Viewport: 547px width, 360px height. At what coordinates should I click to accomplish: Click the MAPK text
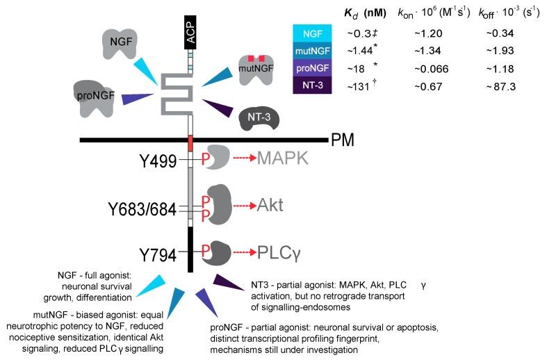(x=286, y=159)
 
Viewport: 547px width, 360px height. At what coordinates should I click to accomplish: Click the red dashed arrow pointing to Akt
(x=243, y=206)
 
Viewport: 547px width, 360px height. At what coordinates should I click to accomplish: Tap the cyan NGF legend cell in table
(x=316, y=32)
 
